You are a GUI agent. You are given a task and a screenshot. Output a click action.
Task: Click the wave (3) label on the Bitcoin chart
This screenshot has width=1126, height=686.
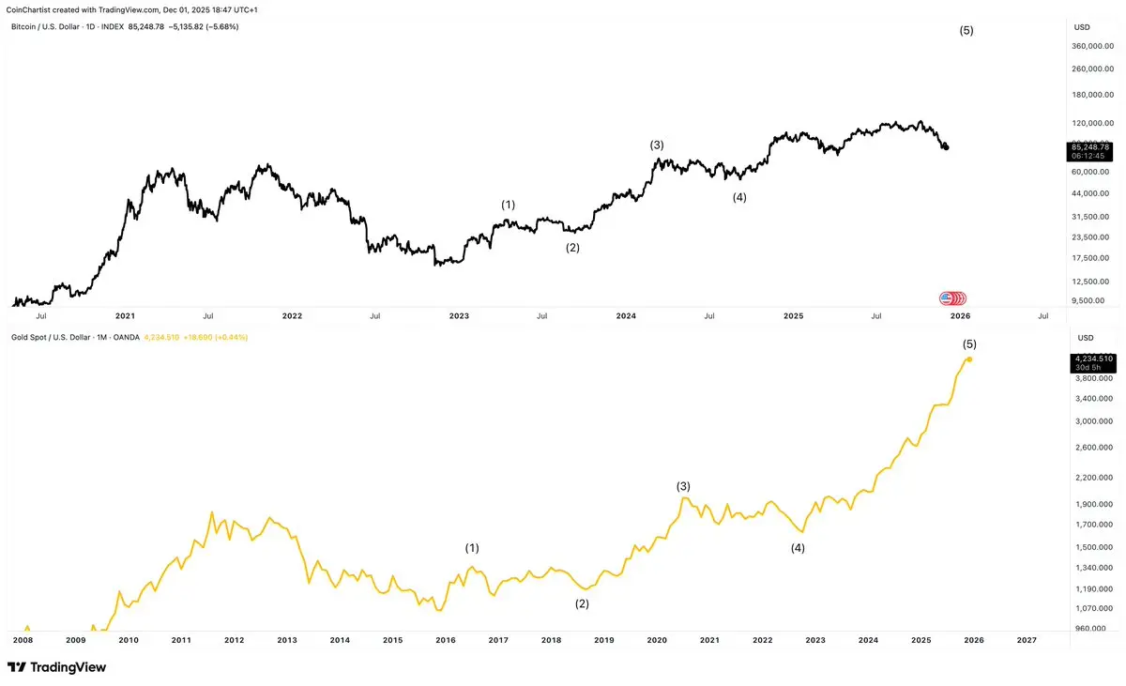click(x=657, y=145)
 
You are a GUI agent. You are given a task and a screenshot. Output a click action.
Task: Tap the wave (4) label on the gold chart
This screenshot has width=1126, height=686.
click(x=798, y=547)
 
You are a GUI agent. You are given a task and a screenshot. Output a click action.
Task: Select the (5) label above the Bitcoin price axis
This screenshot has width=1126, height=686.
click(x=966, y=30)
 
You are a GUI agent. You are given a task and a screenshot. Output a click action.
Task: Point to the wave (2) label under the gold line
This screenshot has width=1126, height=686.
click(x=582, y=603)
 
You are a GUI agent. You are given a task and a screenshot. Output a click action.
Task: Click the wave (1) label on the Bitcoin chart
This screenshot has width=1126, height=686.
click(x=508, y=204)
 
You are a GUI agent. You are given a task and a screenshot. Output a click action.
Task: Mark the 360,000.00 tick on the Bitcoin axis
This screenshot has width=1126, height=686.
click(x=1090, y=45)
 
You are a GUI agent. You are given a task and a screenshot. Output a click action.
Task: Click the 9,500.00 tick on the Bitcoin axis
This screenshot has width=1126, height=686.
click(x=1094, y=300)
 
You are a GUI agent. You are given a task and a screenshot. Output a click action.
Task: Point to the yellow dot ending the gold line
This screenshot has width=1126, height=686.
click(x=969, y=358)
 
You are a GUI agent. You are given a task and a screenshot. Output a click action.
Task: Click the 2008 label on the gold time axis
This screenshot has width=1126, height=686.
click(x=23, y=640)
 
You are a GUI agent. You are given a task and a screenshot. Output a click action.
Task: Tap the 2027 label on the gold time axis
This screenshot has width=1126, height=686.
click(x=1027, y=640)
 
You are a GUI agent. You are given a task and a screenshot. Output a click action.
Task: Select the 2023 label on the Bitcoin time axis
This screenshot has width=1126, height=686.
click(x=459, y=316)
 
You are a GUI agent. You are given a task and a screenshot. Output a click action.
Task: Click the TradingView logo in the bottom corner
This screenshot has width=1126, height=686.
click(x=57, y=667)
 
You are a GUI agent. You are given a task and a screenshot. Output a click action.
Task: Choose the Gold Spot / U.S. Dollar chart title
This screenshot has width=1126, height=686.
click(x=75, y=337)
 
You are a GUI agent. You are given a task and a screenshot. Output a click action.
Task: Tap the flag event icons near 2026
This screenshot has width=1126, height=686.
click(x=953, y=298)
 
